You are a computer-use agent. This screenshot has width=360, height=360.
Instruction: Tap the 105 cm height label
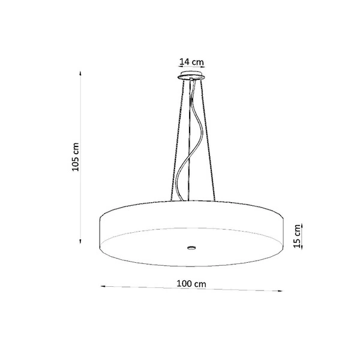click(x=75, y=157)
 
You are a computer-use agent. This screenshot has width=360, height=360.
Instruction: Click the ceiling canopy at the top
click(x=191, y=76)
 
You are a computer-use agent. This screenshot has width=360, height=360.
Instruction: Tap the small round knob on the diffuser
click(x=191, y=247)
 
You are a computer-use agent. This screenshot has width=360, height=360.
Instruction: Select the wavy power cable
click(x=188, y=150)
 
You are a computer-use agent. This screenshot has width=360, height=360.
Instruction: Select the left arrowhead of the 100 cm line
click(x=101, y=285)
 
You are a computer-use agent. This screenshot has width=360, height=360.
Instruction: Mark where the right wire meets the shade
click(x=215, y=202)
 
